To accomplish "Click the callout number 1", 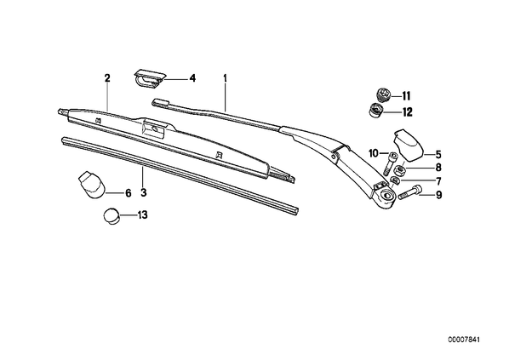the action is click(x=225, y=78).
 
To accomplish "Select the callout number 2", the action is click(x=107, y=78).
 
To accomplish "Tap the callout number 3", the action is click(x=144, y=193).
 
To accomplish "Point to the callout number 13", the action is click(x=142, y=215).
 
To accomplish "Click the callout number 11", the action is click(x=406, y=96).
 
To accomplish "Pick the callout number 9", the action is click(x=439, y=195).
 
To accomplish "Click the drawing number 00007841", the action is click(x=464, y=340).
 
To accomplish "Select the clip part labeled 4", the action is click(x=149, y=78).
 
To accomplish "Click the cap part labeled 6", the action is click(x=92, y=185).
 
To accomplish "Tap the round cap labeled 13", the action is click(x=112, y=216).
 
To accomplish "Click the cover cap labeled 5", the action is click(x=409, y=145).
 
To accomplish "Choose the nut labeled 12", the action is click(x=376, y=111).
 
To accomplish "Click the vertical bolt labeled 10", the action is click(x=390, y=163).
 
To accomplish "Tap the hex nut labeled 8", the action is click(x=399, y=170).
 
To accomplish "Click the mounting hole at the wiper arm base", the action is click(x=387, y=196).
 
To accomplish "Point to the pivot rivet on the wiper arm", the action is click(x=334, y=157).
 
